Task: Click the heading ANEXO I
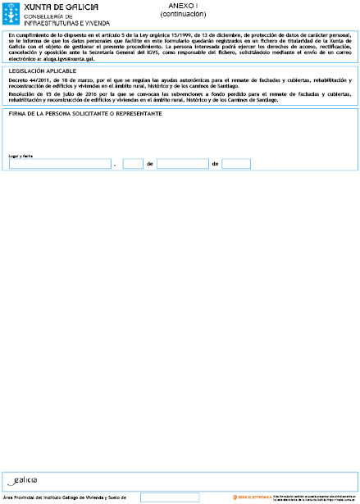click(x=182, y=6)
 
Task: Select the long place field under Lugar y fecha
click(x=60, y=164)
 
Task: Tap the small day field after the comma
click(x=133, y=164)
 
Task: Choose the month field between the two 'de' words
click(x=182, y=164)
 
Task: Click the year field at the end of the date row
click(x=236, y=164)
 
